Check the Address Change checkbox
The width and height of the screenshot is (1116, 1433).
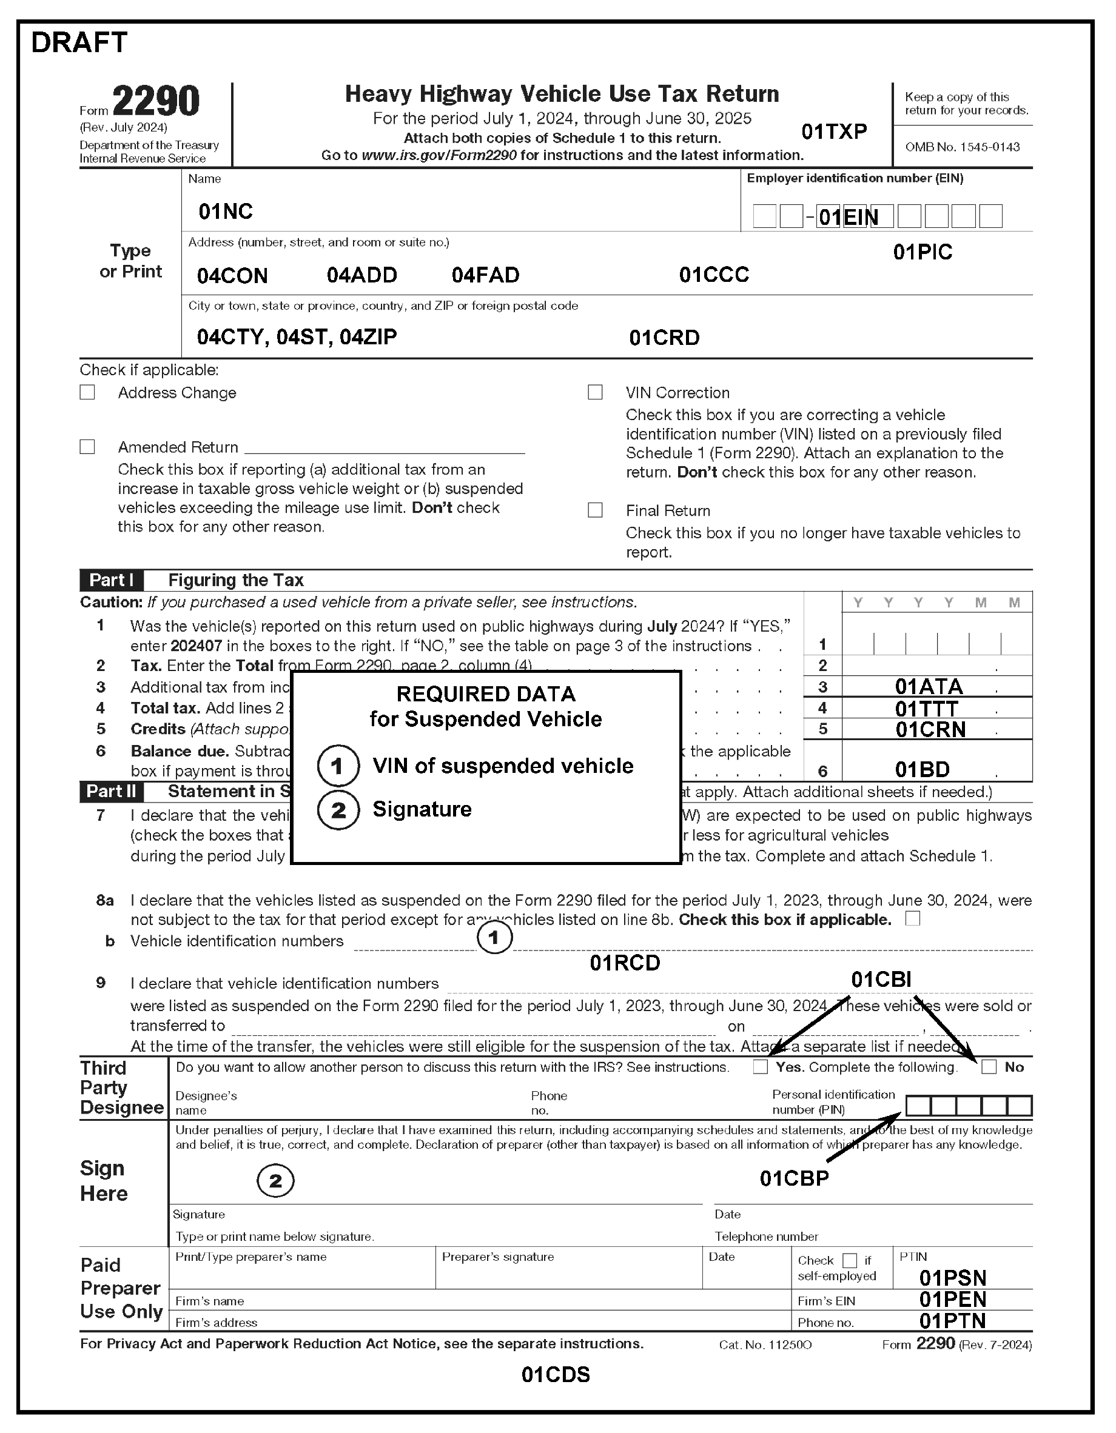tap(87, 392)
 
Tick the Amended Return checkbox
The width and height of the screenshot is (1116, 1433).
tap(87, 447)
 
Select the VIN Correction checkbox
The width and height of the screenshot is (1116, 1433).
tap(596, 392)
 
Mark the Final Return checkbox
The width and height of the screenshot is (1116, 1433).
tap(596, 510)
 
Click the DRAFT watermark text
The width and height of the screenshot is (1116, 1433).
tap(79, 42)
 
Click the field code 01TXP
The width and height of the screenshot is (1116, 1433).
tap(834, 132)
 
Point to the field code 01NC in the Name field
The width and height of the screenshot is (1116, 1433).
tap(225, 212)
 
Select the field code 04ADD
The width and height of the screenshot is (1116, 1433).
tap(361, 275)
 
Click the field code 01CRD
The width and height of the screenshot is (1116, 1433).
tap(664, 338)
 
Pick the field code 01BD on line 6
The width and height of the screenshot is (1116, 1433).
tap(923, 769)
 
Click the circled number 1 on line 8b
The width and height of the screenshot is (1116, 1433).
tap(494, 938)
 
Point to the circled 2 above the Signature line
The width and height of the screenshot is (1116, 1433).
tap(275, 1181)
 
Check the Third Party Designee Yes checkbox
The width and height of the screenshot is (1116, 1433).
tap(760, 1067)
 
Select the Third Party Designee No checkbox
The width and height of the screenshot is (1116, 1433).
tap(989, 1067)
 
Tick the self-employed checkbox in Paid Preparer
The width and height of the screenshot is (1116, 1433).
tap(850, 1260)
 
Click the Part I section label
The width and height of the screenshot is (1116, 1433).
tap(111, 580)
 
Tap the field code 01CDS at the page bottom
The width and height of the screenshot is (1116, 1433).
tap(556, 1374)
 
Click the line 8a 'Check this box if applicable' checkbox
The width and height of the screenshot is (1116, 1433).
tap(912, 918)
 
